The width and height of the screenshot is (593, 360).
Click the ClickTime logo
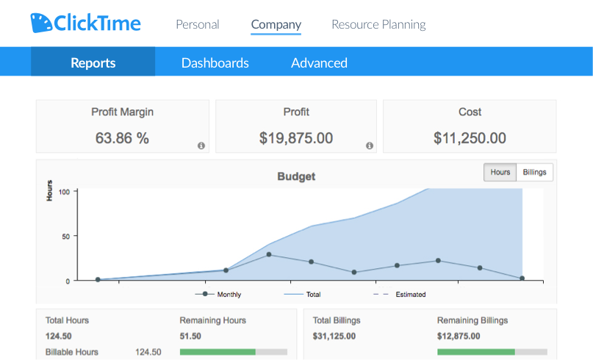tap(85, 23)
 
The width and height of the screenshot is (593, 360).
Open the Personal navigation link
tap(197, 24)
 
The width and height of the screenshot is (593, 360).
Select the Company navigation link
tap(276, 24)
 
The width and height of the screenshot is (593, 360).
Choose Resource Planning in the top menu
tap(378, 24)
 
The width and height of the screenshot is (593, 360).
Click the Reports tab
tap(93, 62)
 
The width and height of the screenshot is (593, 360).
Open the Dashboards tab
tap(215, 62)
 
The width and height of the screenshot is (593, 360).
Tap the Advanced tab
tap(319, 62)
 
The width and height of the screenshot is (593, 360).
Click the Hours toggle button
tap(500, 172)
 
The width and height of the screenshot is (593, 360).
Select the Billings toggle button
tap(534, 172)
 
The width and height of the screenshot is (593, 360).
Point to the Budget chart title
tap(296, 176)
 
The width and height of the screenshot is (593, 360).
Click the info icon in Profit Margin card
tap(201, 145)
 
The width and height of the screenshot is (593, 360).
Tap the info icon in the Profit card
tap(370, 145)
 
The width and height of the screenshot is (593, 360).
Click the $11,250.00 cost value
tap(470, 137)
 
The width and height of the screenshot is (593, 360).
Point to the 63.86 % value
tap(122, 137)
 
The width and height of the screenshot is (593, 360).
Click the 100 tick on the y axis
tap(64, 192)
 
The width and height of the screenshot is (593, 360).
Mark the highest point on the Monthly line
tap(269, 255)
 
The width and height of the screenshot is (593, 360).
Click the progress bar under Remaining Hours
tap(233, 352)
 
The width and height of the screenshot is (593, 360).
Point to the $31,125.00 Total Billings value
tap(334, 336)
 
